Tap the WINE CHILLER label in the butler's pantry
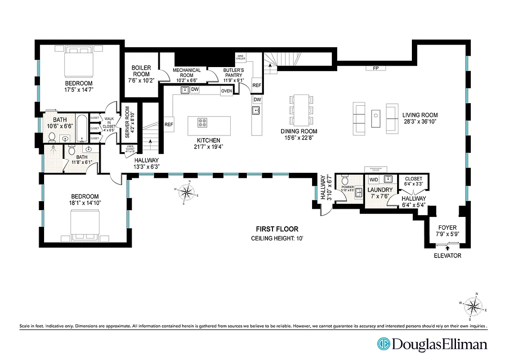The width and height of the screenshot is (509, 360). click(240, 58)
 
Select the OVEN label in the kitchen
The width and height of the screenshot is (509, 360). click(226, 91)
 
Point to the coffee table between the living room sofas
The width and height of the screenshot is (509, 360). click(375, 118)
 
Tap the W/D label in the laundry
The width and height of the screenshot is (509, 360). click(374, 180)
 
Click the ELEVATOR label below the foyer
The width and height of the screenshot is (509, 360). click(447, 256)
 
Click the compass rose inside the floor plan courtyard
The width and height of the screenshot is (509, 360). click(186, 193)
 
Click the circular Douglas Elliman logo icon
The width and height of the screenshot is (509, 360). click(384, 344)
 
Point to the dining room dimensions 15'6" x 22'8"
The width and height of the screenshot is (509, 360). click(299, 138)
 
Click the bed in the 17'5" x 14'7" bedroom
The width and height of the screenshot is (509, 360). click(80, 63)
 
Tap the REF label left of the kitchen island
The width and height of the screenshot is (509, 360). click(169, 125)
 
